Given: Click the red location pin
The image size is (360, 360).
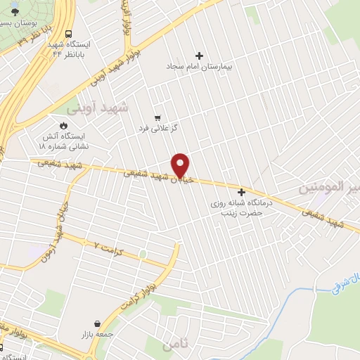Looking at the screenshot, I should [x=181, y=165].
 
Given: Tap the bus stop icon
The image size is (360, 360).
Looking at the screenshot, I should [x=69, y=34].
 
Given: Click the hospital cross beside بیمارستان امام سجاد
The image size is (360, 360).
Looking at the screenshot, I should [x=199, y=56].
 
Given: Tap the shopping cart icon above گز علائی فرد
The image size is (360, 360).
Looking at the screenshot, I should [x=157, y=118].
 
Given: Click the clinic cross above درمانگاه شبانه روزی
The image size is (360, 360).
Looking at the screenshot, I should [x=242, y=192].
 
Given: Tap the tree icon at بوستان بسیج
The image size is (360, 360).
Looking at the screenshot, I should [x=15, y=12].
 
